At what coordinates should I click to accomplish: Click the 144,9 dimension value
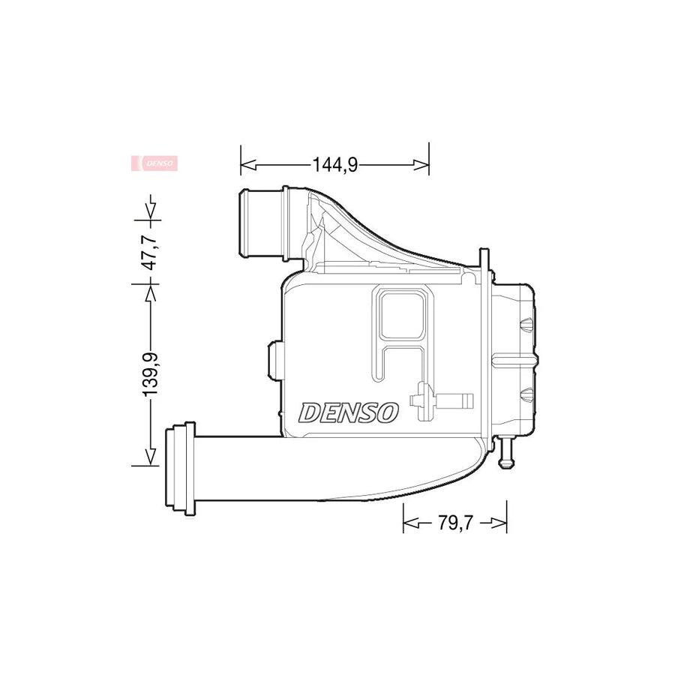click(x=334, y=164)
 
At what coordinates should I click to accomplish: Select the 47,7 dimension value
click(x=151, y=252)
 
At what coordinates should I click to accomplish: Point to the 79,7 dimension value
click(x=454, y=523)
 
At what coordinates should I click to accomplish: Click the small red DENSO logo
click(x=154, y=163)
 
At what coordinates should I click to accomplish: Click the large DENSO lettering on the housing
click(x=349, y=412)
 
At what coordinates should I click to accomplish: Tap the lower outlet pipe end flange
click(x=178, y=469)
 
